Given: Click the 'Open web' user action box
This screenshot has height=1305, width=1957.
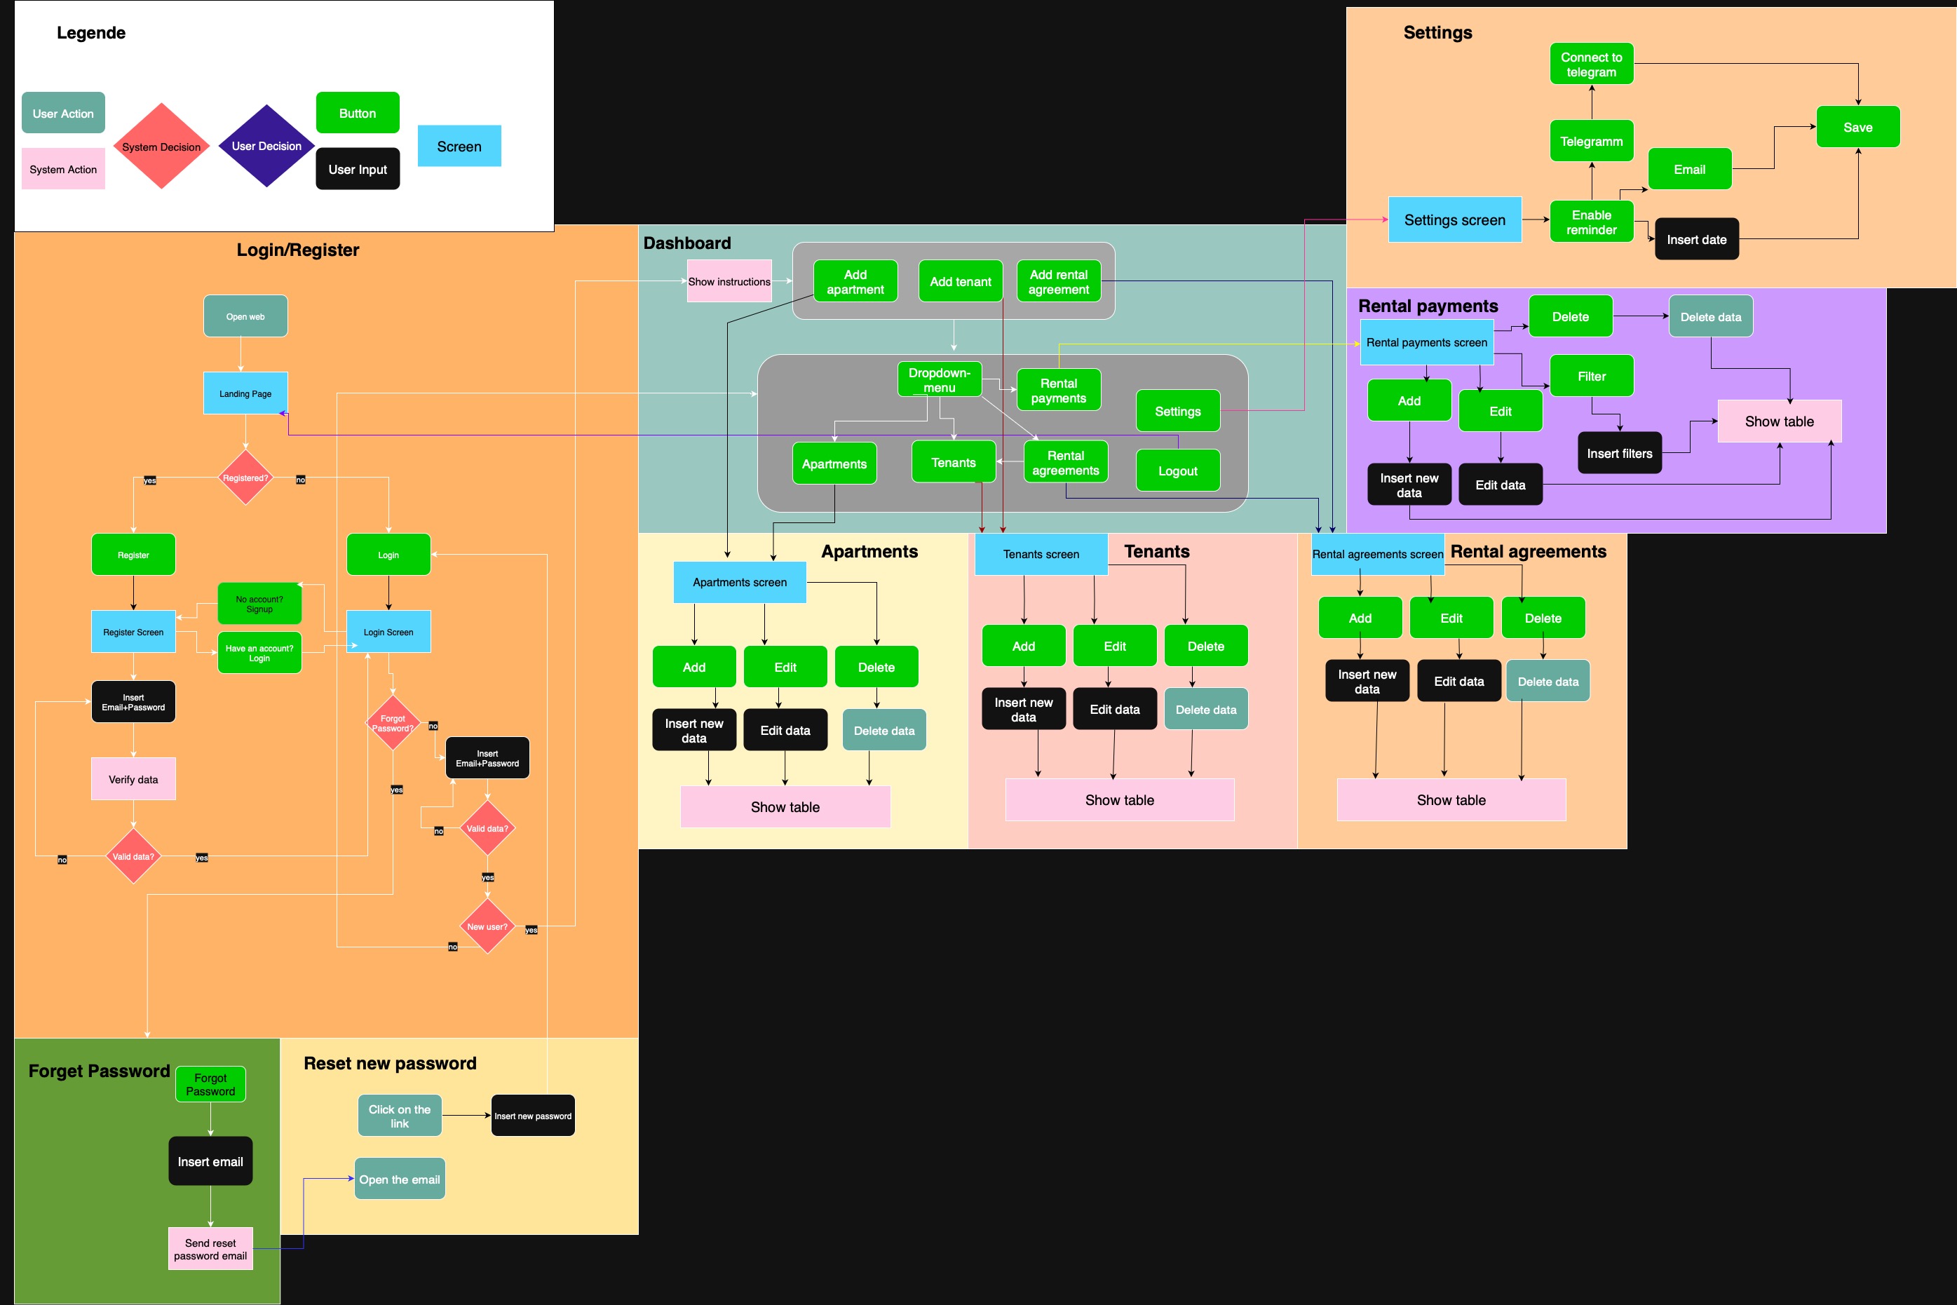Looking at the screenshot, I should [245, 316].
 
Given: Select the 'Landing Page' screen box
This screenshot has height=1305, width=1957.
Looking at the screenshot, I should [245, 393].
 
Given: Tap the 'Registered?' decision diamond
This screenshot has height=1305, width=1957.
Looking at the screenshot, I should [245, 478].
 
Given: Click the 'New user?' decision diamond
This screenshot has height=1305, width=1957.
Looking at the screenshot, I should [487, 926].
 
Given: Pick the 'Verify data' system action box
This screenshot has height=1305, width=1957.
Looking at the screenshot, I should [133, 779].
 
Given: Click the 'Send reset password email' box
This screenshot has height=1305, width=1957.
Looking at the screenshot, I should [210, 1248].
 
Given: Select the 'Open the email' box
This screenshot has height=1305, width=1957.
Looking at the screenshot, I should [400, 1179].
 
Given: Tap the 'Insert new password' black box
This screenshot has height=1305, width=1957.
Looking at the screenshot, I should [532, 1115].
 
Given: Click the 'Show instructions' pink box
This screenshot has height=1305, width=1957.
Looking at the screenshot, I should [729, 281].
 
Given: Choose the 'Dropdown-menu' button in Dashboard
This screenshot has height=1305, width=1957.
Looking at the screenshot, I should [939, 379].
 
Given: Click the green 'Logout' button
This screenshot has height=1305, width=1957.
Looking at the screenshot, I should [1177, 471].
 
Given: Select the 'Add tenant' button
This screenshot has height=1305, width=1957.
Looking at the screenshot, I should [960, 281].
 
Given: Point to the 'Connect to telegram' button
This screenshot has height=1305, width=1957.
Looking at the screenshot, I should [1591, 64].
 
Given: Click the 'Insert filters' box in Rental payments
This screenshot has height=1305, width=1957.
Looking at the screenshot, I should [1619, 453].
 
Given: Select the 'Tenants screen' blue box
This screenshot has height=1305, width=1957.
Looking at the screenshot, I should [1040, 553].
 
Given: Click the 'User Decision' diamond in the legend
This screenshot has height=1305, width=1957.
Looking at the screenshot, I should [266, 146].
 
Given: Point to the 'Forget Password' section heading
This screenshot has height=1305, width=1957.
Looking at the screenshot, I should [99, 1070].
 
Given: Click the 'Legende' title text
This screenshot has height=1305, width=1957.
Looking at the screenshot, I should [90, 32].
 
